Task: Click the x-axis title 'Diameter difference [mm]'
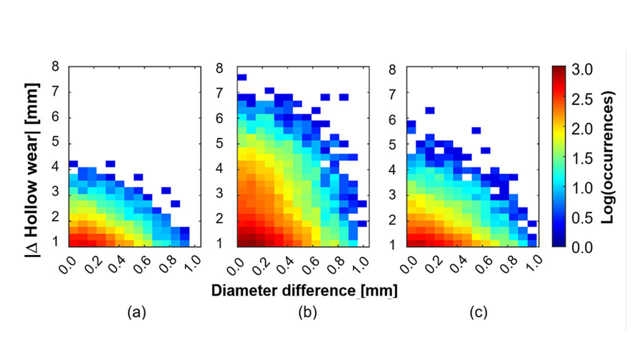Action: coord(304,291)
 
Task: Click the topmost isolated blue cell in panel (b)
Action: coord(242,77)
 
